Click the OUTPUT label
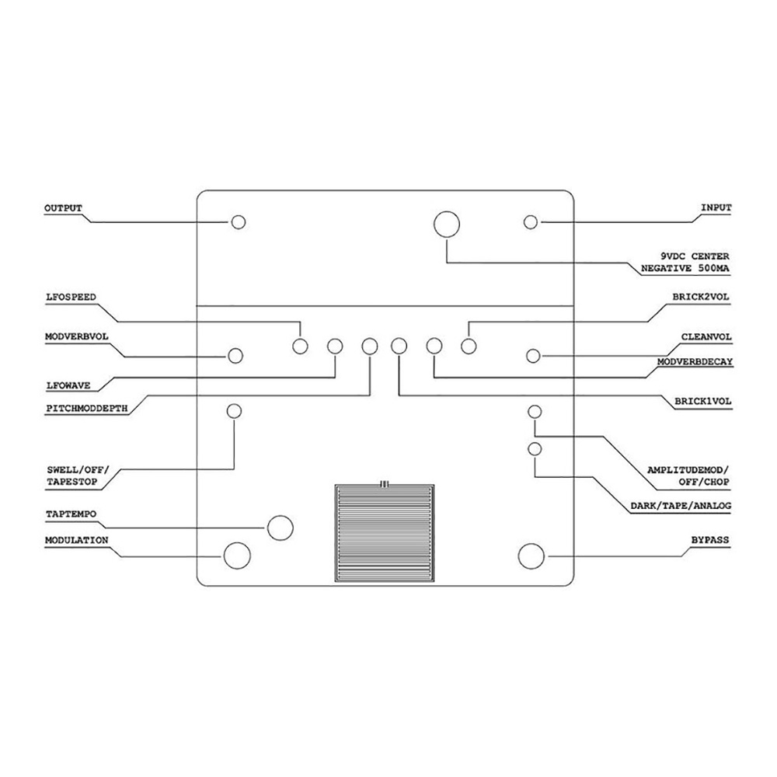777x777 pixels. [63, 208]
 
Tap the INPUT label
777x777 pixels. [716, 207]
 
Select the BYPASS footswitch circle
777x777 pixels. [531, 556]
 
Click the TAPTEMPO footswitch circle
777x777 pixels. [280, 528]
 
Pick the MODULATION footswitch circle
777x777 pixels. [237, 556]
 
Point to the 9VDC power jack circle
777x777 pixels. [447, 224]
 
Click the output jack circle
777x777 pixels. [239, 222]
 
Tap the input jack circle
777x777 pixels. [531, 222]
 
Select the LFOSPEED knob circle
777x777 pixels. [300, 347]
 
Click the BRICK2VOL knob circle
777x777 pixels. [469, 346]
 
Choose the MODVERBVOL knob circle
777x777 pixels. [235, 356]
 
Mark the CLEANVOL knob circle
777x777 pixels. [533, 356]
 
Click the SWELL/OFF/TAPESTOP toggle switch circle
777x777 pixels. [234, 411]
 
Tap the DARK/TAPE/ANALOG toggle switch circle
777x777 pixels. [535, 449]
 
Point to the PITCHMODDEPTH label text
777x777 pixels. [87, 409]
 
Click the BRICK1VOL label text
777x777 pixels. [702, 402]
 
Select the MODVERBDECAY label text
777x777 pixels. [695, 362]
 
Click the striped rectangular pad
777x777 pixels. [385, 533]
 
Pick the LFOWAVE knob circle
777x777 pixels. [335, 347]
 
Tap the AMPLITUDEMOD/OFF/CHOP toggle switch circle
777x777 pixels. [535, 411]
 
